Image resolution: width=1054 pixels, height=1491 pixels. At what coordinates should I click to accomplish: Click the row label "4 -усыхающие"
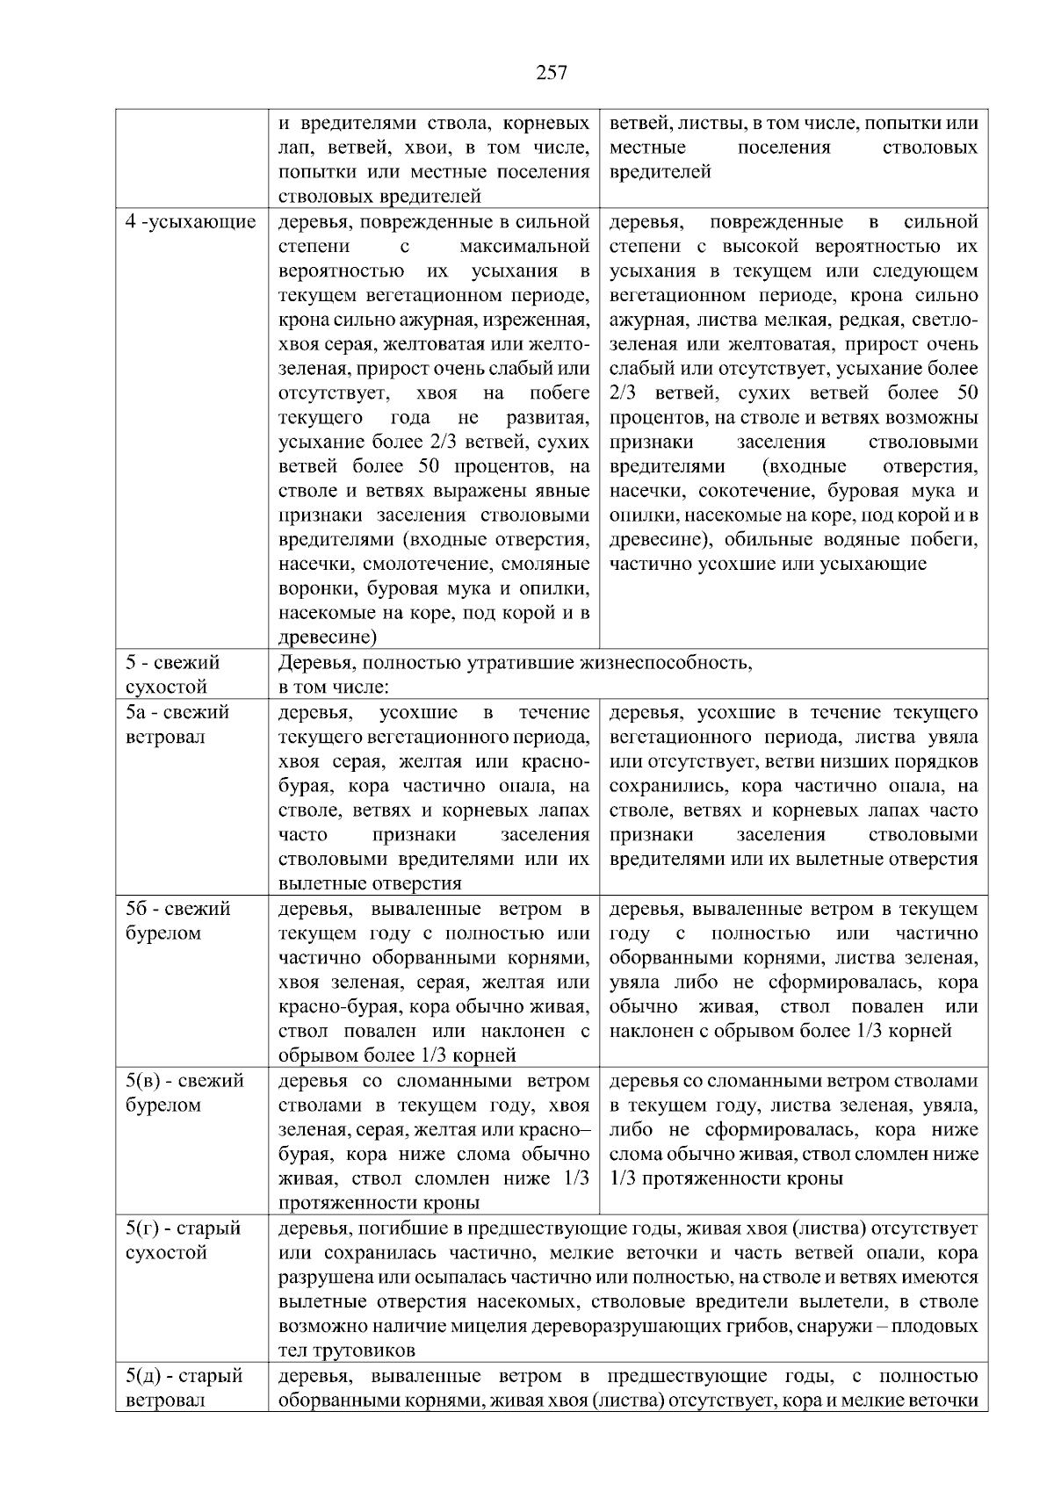(191, 222)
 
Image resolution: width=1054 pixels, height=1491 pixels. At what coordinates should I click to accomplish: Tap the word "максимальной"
(524, 247)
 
